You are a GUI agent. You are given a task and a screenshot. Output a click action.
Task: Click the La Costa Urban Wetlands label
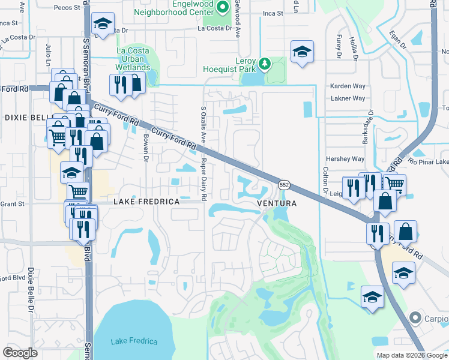(133, 59)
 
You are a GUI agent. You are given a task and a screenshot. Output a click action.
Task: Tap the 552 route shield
(283, 185)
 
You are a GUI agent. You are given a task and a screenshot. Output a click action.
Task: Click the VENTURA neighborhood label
(277, 203)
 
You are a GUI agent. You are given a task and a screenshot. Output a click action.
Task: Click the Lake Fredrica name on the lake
(134, 341)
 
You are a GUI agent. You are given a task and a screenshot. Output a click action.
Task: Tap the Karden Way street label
(348, 86)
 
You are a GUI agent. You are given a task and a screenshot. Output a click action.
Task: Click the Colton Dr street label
(325, 182)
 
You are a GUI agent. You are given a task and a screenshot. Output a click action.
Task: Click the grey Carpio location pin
(414, 317)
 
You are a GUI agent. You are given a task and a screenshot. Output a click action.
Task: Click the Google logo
(20, 352)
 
